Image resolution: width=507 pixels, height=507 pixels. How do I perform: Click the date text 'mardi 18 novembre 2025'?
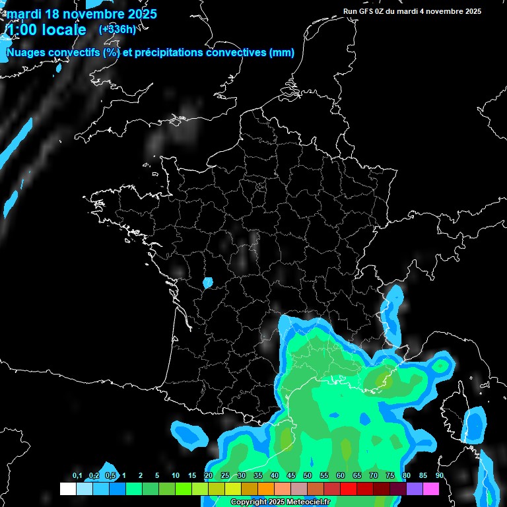coord(81,13)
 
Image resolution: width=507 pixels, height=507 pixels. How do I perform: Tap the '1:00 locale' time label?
coord(46,30)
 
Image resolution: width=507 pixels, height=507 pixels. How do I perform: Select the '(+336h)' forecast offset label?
coord(117,29)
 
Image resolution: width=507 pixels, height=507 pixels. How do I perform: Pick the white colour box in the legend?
coord(68,489)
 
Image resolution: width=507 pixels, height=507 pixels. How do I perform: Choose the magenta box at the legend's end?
coord(431,489)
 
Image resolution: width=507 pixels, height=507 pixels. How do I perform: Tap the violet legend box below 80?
coord(415,489)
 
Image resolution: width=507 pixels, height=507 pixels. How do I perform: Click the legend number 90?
coord(439,476)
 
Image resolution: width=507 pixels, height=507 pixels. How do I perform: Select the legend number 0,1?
coord(77,476)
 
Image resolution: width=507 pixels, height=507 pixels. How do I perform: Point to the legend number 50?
coord(308,476)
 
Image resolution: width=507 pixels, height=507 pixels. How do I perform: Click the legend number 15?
coord(192,476)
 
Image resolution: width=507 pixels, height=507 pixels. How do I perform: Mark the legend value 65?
coord(357,476)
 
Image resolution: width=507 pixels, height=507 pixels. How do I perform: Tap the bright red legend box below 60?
coord(349,489)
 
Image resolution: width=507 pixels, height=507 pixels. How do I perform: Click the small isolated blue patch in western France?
coord(208,283)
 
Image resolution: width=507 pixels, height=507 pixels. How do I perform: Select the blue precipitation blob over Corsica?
coord(473,425)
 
